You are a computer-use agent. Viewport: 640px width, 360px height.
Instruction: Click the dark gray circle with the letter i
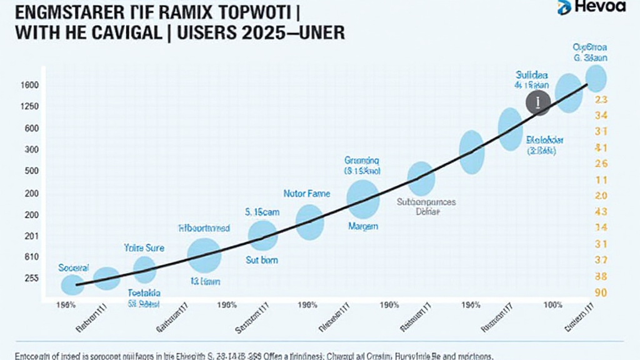coord(537,102)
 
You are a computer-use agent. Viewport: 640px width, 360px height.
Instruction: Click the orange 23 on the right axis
coord(602,99)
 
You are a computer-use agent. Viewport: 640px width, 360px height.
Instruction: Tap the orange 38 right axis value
coord(602,276)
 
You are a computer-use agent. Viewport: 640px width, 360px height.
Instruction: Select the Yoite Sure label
coord(144,248)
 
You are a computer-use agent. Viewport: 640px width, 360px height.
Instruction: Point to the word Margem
coord(362,227)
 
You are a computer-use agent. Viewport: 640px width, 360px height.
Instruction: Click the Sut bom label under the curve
coord(261,260)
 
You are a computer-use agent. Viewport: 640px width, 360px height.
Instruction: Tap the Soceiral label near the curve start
coord(73,267)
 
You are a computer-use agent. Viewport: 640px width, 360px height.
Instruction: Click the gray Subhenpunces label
coord(427,202)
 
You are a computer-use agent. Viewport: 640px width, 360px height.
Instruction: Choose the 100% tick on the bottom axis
coord(553,305)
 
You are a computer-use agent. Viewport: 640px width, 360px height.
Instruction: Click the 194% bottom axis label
coord(469,305)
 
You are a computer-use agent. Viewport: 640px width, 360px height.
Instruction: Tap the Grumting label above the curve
coord(362,160)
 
